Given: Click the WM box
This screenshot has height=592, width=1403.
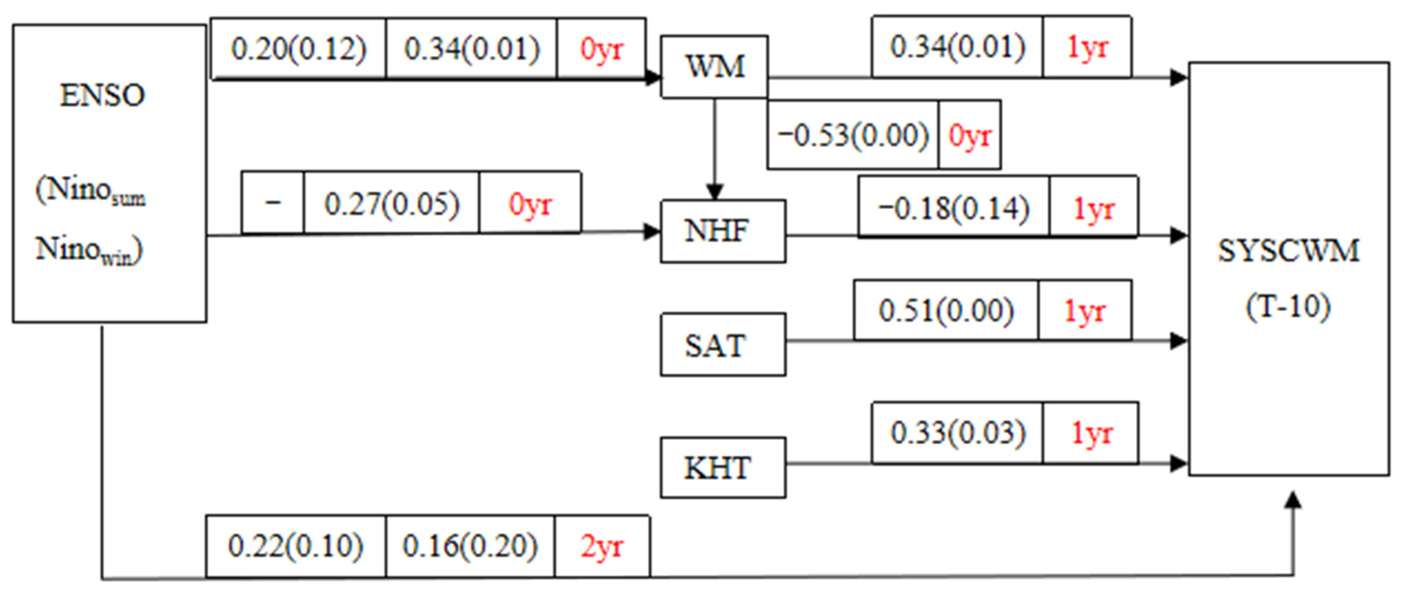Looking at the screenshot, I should (714, 67).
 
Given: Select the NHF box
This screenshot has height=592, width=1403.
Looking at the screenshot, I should (723, 231).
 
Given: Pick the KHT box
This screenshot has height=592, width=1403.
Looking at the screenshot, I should (723, 468).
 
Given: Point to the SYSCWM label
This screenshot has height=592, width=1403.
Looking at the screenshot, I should (1288, 251).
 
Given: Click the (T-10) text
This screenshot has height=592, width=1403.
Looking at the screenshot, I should (1288, 306).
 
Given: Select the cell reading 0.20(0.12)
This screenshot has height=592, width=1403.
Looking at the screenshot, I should (298, 49).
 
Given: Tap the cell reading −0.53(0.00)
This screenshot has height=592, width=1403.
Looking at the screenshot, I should (853, 135).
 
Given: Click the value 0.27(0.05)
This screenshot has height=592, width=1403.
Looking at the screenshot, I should (391, 204).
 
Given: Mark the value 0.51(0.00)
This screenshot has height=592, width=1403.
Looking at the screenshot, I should (945, 311).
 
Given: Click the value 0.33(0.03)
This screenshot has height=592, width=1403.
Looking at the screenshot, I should (958, 433).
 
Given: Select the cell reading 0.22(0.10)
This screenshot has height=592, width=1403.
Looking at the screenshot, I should (295, 546).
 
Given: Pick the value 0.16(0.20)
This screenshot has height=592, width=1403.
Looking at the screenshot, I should (470, 546).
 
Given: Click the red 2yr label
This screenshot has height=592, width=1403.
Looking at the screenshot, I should (601, 546).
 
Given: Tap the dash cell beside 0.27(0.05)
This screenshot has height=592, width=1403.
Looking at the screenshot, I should (272, 202).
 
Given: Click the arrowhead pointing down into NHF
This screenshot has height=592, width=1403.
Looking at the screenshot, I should (714, 192).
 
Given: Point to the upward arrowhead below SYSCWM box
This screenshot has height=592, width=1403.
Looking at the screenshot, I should (1293, 500).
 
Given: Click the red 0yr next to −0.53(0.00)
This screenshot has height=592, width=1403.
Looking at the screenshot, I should (970, 135).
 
